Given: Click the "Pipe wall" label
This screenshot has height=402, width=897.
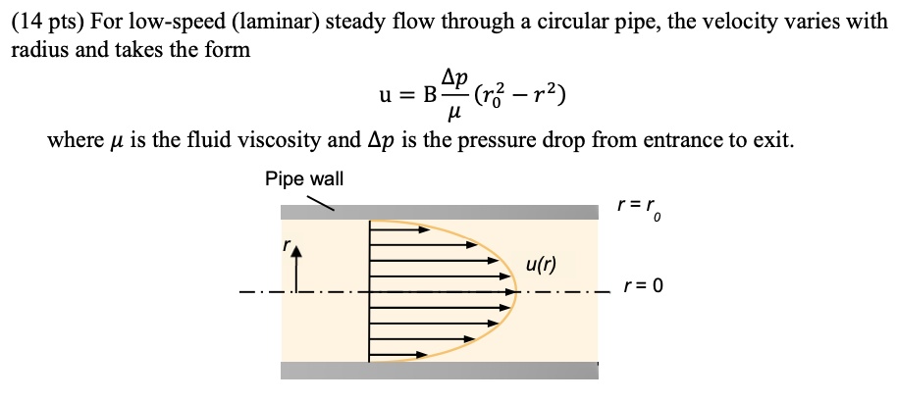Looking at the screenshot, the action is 303,178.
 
